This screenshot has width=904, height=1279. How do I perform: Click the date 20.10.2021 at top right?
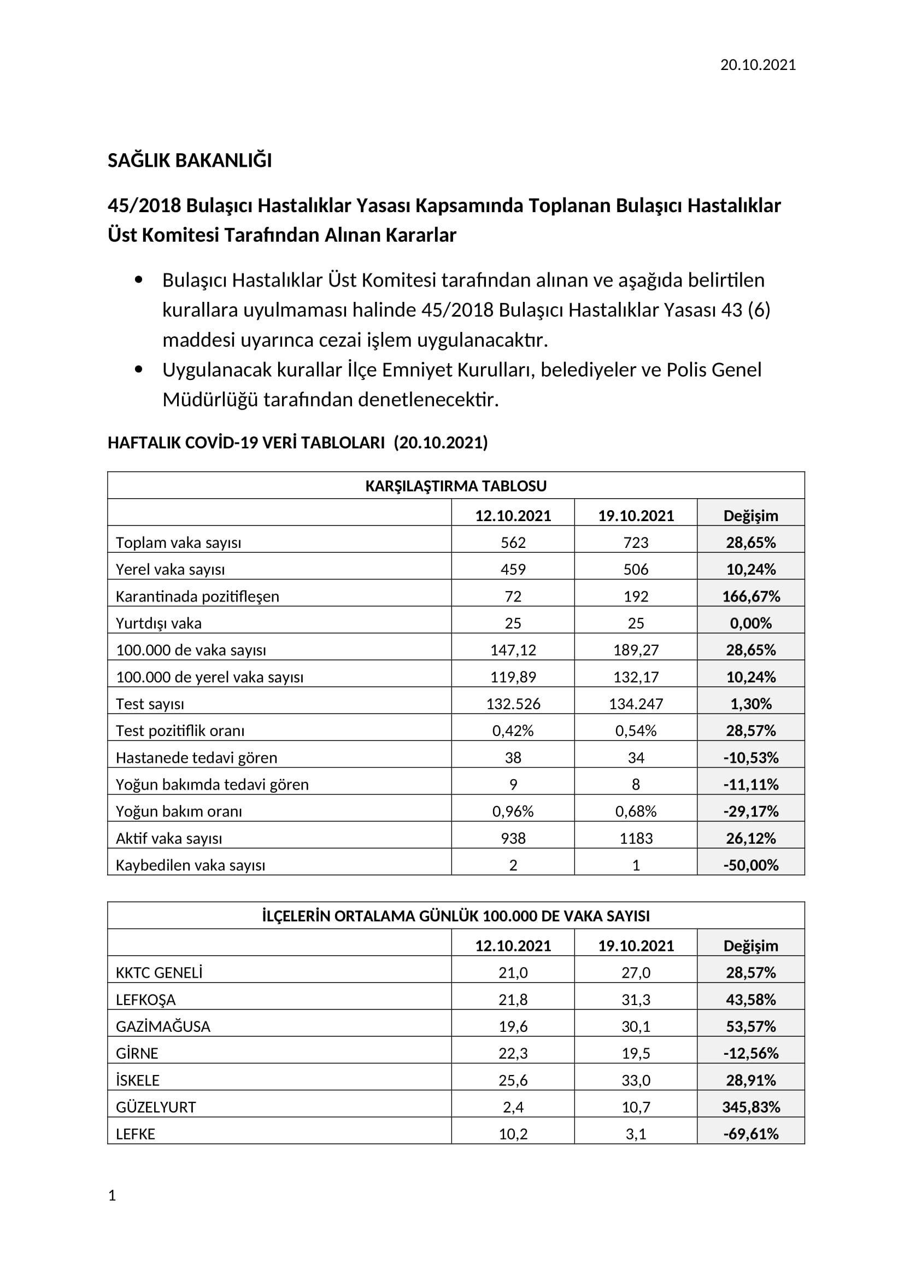[758, 65]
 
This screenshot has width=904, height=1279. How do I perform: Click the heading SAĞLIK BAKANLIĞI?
[189, 160]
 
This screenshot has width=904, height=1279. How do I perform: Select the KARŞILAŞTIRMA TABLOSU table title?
[455, 486]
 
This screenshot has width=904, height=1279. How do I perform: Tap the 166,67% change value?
[750, 596]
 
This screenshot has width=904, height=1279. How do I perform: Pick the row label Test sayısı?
[150, 704]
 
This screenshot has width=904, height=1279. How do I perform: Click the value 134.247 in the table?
[636, 704]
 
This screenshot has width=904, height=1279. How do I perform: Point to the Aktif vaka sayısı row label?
[169, 838]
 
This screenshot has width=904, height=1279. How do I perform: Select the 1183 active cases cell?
[636, 838]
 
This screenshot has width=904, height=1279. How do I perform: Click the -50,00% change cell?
[750, 865]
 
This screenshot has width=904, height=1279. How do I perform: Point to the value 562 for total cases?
[513, 542]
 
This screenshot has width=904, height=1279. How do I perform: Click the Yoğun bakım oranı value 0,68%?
[636, 811]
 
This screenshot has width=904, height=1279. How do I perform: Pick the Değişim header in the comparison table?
[750, 515]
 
